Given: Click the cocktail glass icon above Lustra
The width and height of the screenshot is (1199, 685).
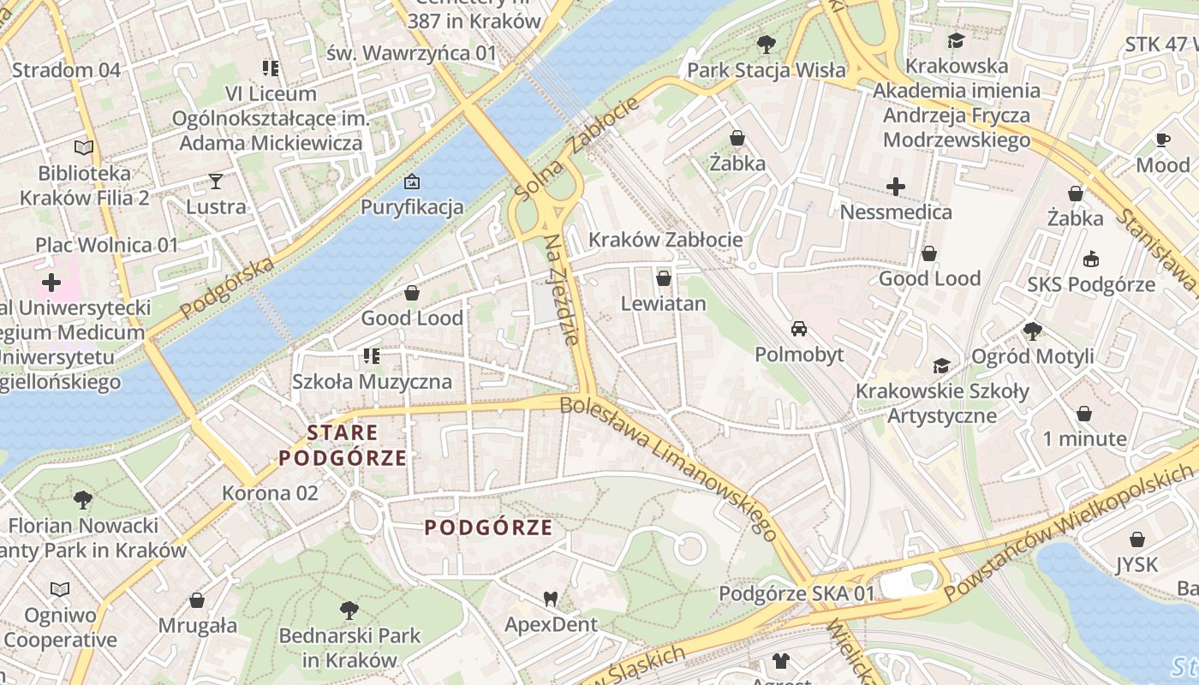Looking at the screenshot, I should point(215,181).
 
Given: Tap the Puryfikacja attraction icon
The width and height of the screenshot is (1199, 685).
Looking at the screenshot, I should point(412,182).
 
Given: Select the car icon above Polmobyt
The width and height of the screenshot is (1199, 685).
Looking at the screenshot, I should point(799,329).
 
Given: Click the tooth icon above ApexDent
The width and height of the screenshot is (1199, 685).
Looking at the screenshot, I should point(550,599).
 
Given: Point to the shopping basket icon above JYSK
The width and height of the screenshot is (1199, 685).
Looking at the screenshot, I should point(1137,539).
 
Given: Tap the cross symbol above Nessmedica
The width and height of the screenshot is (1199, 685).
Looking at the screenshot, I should point(896,186).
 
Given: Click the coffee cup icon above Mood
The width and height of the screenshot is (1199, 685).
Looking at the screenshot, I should point(1162,140).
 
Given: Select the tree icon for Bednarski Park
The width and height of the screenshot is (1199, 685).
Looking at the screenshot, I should point(349,611).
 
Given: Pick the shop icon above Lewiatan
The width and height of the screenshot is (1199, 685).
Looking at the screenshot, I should point(663,278).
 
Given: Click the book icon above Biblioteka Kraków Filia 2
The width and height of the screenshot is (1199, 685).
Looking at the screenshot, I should point(84,148).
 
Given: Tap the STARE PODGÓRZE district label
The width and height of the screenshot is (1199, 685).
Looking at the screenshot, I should point(343,444).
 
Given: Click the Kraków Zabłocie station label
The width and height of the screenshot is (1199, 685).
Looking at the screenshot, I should point(665,240).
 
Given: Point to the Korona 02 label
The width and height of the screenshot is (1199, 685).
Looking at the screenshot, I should point(270,493).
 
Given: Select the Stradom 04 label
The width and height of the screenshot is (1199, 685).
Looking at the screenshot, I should point(66,70).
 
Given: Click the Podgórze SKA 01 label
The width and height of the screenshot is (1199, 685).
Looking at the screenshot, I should point(797,593).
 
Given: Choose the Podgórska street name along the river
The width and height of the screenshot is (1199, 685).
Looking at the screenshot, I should point(228,285).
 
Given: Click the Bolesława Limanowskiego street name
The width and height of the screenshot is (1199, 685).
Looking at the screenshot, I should point(670,468).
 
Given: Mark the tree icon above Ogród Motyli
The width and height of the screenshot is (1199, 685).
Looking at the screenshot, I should point(1033,330).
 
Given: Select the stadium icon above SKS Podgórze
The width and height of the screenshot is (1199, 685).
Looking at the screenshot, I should point(1091,259).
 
